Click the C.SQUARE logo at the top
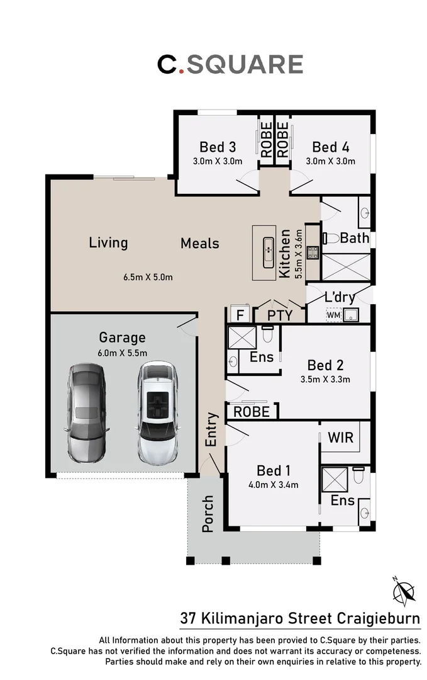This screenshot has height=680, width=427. tap(230, 64)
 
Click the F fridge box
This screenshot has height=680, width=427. tap(239, 314)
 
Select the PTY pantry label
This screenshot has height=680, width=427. tap(279, 315)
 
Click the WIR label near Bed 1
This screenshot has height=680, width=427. tap(340, 438)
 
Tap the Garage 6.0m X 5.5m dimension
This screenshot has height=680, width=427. tap(122, 353)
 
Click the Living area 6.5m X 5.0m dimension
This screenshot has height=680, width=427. tap(148, 276)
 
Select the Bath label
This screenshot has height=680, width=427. tap(354, 238)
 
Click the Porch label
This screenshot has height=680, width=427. tap(208, 514)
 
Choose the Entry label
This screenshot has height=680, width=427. tap(211, 429)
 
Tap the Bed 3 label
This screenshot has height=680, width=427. tap(218, 147)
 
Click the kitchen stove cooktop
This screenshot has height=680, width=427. tap(313, 252)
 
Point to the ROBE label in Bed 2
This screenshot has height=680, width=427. tap(252, 412)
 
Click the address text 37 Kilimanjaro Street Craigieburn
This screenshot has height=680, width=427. tap(300, 618)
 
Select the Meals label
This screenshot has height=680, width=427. tap(200, 243)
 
